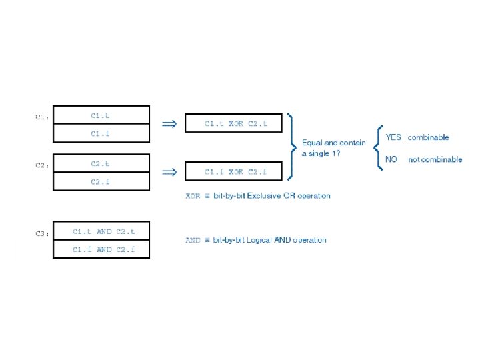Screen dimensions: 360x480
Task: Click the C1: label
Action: coord(42,117)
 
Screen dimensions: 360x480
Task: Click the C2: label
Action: coord(42,165)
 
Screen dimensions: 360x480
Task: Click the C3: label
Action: coord(42,234)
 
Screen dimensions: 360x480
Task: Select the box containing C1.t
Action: coord(101,115)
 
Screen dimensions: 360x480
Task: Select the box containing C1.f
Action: coord(101,133)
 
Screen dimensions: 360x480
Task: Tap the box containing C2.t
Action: coord(101,163)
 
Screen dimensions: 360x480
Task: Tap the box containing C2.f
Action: coord(101,181)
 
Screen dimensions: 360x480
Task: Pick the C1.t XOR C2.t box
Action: coord(235,123)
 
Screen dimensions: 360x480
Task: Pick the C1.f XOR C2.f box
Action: coord(235,172)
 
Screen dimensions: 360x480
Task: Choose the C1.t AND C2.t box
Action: coord(101,231)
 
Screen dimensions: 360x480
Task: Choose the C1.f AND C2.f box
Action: coord(101,249)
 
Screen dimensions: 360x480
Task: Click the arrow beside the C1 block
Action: coord(169,123)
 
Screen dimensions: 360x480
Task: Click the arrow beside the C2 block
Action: coord(169,172)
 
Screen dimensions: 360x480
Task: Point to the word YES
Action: coord(393,137)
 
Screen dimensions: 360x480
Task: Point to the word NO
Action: coord(391,160)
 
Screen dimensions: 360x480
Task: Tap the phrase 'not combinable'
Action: coord(435,160)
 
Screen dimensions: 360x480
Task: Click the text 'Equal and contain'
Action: coord(333,143)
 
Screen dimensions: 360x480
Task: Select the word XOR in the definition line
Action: coord(193,196)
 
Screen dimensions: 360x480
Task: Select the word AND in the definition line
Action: coord(193,240)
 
